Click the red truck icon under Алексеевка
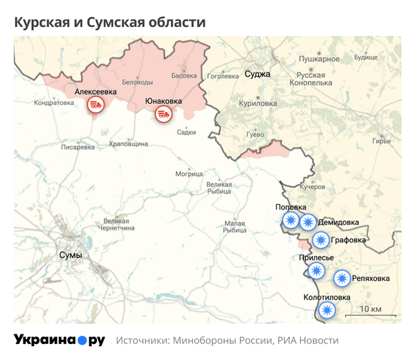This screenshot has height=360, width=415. [x=95, y=105]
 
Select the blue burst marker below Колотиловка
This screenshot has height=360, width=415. [x=327, y=311]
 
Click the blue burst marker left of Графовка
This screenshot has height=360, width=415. [x=320, y=240]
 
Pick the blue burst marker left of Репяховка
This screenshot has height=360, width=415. [x=342, y=279]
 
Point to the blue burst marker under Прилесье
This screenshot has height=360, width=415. [x=316, y=271]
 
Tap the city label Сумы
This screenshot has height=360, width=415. [x=71, y=255]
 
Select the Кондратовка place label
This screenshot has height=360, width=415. [x=53, y=103]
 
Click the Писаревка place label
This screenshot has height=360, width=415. [x=78, y=147]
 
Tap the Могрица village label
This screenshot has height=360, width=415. [x=190, y=173]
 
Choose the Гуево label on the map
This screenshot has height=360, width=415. [x=255, y=134]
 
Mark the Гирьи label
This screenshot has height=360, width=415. [x=381, y=141]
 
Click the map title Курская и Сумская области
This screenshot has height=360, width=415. [x=110, y=22]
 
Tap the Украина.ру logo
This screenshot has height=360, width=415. [x=59, y=340]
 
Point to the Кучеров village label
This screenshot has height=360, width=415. [x=312, y=187]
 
